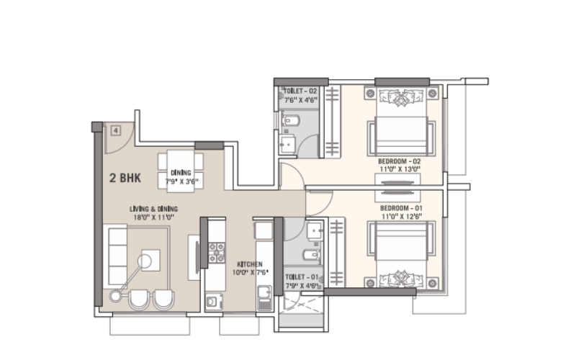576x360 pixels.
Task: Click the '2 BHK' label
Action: tap(125, 178)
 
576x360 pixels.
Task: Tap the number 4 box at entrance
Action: tap(116, 130)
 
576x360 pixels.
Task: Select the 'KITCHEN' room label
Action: tap(250, 264)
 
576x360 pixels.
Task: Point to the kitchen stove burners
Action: tap(217, 253)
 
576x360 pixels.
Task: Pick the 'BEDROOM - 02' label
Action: tap(400, 161)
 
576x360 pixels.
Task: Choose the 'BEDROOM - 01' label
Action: tap(401, 208)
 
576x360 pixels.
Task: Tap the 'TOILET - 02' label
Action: tap(300, 91)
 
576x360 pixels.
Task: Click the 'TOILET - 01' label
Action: tap(302, 277)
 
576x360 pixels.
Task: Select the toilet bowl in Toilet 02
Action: tap(290, 120)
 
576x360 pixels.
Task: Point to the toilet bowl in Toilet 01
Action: tap(312, 255)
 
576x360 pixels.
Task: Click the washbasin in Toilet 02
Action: tap(287, 145)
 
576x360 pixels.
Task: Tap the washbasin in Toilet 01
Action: tap(315, 231)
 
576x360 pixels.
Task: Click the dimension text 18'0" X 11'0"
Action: tap(153, 217)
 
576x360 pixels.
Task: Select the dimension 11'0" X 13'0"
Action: tap(400, 169)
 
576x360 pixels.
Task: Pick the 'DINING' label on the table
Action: tap(181, 173)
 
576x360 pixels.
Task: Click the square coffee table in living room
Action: tap(150, 260)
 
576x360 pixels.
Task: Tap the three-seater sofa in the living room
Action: tap(117, 256)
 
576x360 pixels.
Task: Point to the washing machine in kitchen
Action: tap(213, 302)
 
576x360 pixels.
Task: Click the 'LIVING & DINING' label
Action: tap(153, 209)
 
